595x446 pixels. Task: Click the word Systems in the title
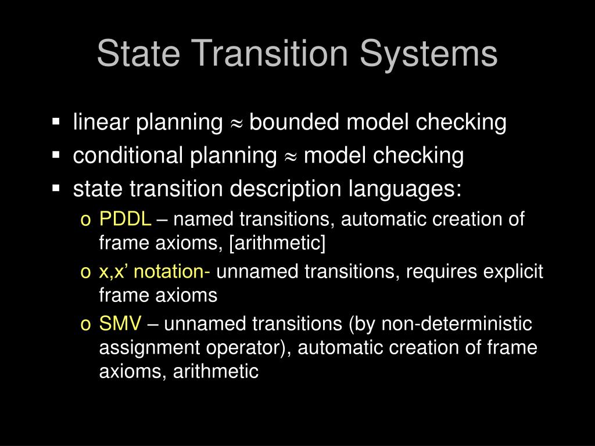pos(428,54)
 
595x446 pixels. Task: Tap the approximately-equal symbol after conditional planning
pos(291,157)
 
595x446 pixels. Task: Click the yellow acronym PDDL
pos(125,220)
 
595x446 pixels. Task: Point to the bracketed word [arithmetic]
pos(278,243)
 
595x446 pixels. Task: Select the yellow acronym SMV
pos(120,323)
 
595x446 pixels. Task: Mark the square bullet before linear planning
pos(56,123)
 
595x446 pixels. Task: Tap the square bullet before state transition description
pos(56,189)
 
